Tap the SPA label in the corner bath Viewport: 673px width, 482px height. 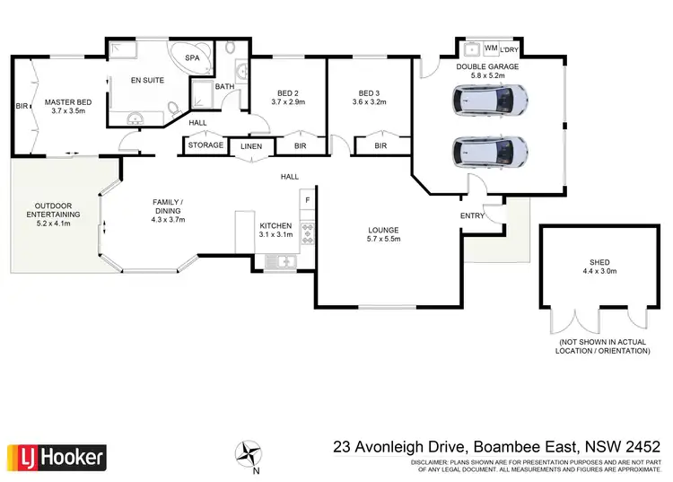tap(192, 57)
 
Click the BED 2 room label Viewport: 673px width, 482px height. tap(288, 92)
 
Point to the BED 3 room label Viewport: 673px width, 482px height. tap(370, 92)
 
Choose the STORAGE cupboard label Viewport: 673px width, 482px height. tap(205, 145)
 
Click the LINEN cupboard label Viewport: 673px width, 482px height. tap(251, 146)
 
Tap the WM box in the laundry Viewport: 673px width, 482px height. tap(491, 48)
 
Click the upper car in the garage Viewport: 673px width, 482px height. tap(490, 101)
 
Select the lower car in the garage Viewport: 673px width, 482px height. tap(490, 153)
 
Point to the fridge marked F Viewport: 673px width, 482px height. tap(307, 199)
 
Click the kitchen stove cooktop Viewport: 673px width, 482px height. tap(307, 232)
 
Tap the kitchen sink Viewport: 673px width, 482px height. tap(282, 261)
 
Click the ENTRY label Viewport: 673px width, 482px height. tap(472, 215)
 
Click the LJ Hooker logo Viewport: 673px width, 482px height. tap(57, 458)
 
